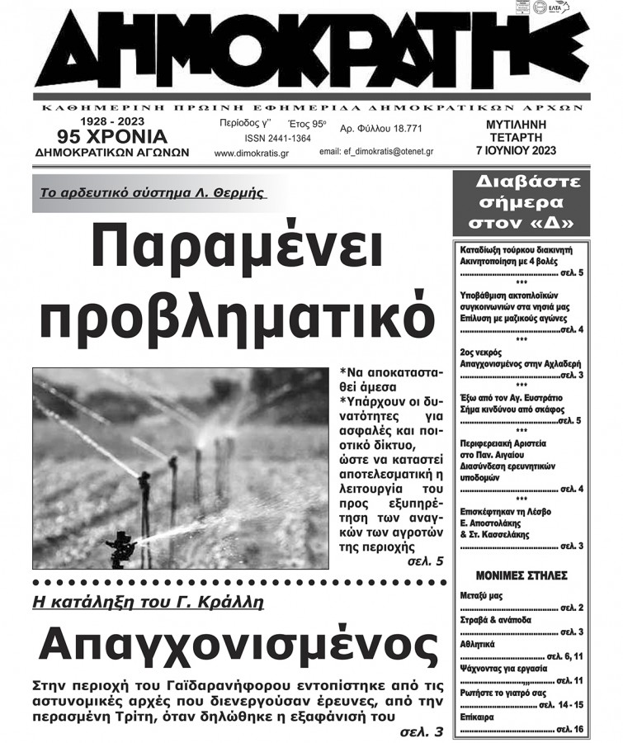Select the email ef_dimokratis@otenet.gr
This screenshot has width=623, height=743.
(x=376, y=153)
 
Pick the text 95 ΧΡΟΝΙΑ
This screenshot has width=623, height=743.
(x=112, y=136)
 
